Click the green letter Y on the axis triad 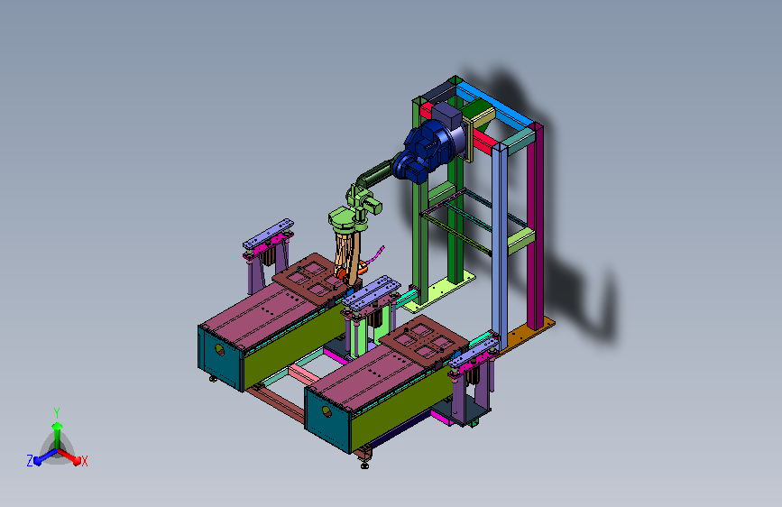click(x=57, y=413)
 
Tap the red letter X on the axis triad click(x=84, y=461)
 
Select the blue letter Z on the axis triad click(x=30, y=461)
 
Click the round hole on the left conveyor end click(x=219, y=350)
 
